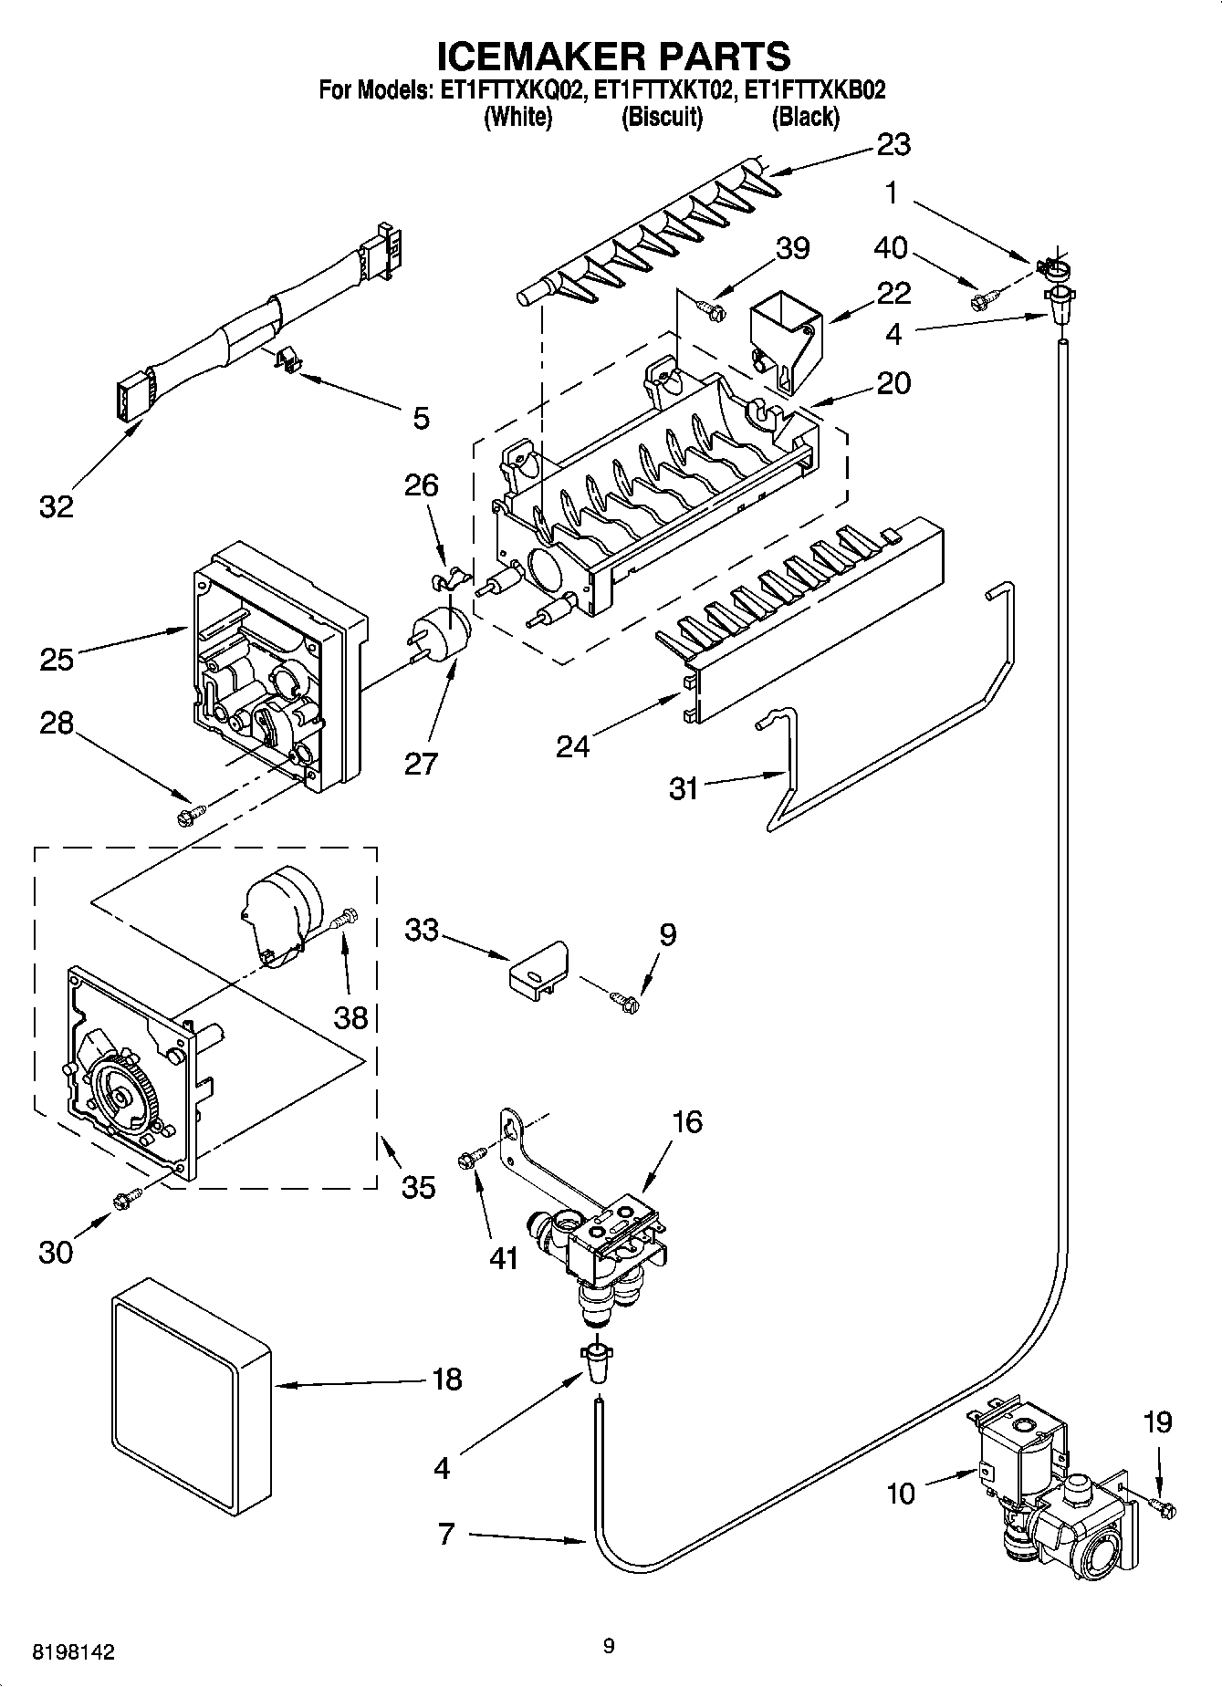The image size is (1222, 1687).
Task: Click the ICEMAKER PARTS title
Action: (613, 57)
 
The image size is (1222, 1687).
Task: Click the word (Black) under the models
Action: (805, 117)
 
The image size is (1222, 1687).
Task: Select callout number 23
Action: (893, 144)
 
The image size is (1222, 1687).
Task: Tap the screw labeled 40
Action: (986, 297)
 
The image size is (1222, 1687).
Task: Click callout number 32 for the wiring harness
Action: (56, 505)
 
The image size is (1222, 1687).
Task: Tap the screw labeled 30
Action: (126, 1199)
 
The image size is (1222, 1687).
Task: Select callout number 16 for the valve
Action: (686, 1121)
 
